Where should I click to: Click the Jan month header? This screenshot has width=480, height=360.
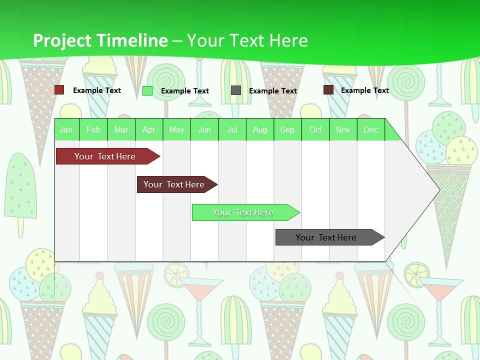[66, 130]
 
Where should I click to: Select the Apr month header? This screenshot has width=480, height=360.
[149, 130]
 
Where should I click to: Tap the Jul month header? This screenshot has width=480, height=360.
[232, 130]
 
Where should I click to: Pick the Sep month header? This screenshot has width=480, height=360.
[287, 130]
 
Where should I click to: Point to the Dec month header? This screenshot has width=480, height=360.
[370, 130]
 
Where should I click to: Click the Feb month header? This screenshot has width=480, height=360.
[93, 130]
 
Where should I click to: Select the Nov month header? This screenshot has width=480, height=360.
[343, 130]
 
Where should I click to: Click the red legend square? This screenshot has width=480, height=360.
[59, 90]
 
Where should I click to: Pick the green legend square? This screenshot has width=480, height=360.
[147, 90]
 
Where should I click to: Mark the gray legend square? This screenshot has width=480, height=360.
[236, 90]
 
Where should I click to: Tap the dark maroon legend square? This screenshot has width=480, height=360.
[328, 90]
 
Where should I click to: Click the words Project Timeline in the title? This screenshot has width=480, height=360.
[100, 40]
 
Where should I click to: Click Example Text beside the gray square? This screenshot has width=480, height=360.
[273, 91]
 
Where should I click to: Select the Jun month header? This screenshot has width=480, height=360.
[204, 130]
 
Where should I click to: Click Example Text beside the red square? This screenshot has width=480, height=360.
[97, 90]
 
